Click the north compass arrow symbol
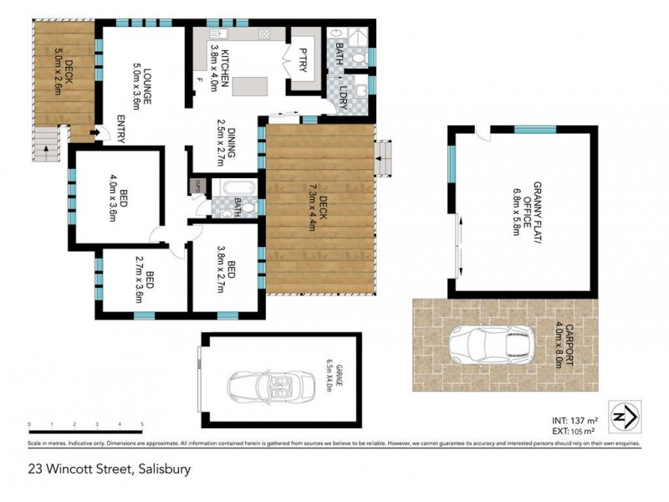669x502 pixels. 624,416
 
